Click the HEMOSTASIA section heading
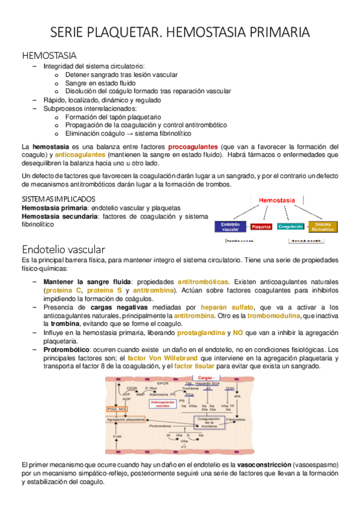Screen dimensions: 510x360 (47, 55)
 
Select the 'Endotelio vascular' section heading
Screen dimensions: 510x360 (64, 248)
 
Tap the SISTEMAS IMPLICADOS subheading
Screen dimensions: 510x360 (58, 198)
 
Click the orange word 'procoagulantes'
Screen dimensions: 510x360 (193, 146)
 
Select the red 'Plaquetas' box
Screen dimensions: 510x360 (261, 227)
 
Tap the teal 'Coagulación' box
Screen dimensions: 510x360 (290, 227)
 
